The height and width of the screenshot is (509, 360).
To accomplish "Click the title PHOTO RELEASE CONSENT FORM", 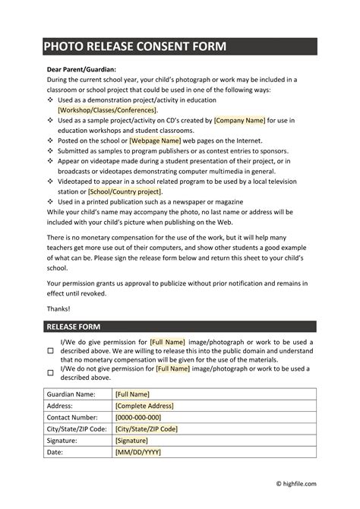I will coord(134,47).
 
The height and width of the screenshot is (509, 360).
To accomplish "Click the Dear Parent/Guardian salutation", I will coord(74,69).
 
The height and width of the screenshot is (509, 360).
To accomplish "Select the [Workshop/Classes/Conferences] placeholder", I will coord(108,109).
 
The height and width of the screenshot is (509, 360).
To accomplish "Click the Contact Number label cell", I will coord(73,417).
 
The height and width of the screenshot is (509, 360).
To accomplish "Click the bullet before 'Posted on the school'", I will coord(52,141).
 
